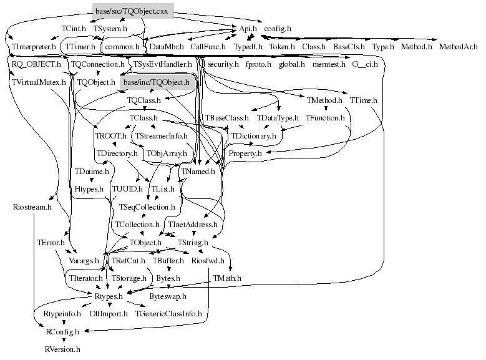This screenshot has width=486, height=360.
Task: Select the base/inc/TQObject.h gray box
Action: click(156, 82)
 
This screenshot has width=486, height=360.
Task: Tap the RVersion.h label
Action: click(62, 349)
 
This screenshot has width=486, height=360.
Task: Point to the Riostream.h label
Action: click(32, 207)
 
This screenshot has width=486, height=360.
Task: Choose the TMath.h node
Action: click(226, 278)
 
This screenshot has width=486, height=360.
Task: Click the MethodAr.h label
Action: click(462, 47)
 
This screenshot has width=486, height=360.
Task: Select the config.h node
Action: click(277, 29)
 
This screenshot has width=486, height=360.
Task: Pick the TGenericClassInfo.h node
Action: click(168, 314)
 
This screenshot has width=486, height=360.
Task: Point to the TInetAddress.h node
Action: click(193, 224)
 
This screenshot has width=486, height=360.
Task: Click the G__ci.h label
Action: click(365, 64)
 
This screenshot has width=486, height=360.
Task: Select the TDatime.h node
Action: click(92, 171)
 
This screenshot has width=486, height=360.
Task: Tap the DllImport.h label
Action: click(109, 314)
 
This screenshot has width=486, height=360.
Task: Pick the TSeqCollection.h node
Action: click(147, 207)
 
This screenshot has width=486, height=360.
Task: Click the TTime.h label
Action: click(363, 100)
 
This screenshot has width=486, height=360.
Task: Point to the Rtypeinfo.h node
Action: click(62, 314)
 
